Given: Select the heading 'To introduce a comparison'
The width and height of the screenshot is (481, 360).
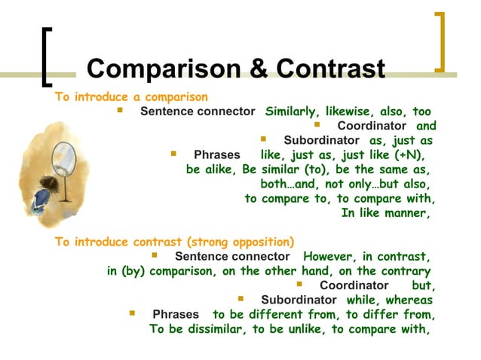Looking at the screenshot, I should coord(131,97).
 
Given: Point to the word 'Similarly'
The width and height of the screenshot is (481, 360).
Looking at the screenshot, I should coord(291,111).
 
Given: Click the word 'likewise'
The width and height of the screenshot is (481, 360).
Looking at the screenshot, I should coord(348,111).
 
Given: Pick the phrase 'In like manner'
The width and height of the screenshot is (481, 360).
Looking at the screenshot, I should coord(385,212).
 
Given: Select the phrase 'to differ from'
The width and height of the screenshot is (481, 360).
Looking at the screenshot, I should coord(391,314).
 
